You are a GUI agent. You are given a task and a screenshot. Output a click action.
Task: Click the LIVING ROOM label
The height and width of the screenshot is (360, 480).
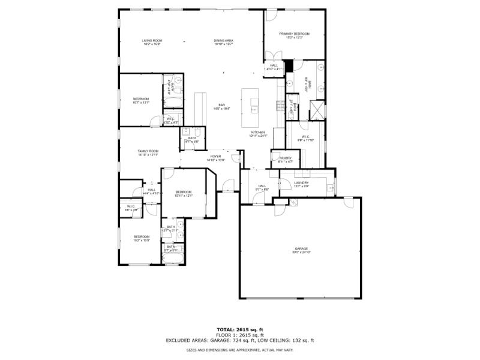(152, 41)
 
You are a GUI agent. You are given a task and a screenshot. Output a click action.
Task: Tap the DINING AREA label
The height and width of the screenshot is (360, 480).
(223, 41)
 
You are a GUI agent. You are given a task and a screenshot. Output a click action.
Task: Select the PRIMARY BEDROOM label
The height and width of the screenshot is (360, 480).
(294, 34)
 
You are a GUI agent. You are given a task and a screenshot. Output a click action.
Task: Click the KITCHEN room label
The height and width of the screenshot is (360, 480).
(258, 132)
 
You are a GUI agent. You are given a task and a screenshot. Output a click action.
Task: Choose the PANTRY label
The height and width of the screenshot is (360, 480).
(285, 158)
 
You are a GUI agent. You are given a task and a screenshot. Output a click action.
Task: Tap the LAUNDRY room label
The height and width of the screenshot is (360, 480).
(301, 182)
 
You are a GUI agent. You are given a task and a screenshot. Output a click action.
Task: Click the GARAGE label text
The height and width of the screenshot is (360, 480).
(301, 248)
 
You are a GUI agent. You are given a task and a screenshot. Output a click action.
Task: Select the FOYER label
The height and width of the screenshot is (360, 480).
(215, 156)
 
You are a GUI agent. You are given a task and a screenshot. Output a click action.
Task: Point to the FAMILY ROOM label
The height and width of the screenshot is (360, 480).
(148, 151)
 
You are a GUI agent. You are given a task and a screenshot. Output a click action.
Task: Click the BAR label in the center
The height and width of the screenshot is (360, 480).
(221, 104)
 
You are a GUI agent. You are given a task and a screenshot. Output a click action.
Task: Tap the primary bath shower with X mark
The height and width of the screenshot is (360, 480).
(316, 110)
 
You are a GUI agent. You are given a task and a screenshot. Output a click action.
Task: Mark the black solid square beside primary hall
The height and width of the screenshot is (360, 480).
(287, 65)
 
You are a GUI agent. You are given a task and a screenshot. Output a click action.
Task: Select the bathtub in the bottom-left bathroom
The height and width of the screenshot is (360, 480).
(174, 259)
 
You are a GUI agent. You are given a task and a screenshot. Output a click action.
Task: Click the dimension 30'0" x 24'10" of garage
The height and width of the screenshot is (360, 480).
(301, 252)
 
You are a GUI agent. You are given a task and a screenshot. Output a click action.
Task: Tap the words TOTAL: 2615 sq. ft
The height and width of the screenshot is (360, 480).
(240, 329)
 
